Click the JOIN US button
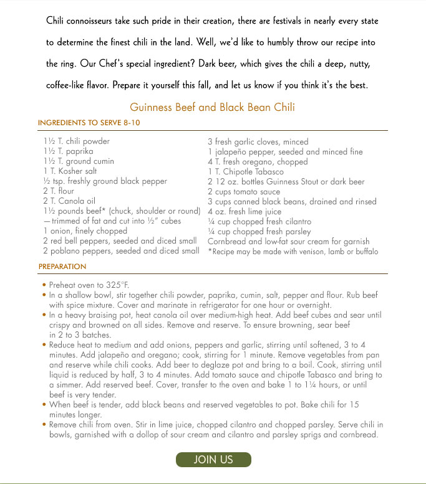click(213, 460)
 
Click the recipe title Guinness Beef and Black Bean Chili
click(212, 107)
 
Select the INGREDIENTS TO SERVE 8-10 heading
click(89, 123)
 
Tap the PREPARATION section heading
click(62, 266)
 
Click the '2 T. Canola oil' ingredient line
click(69, 201)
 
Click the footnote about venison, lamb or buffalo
click(293, 252)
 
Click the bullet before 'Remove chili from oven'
click(44, 424)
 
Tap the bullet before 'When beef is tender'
click(44, 404)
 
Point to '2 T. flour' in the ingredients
click(59, 191)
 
